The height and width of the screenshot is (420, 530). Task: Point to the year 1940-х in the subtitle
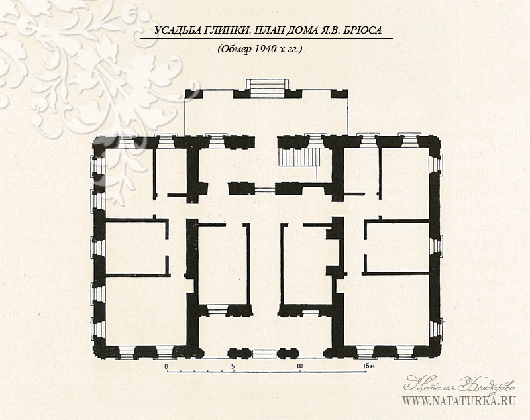click(268, 49)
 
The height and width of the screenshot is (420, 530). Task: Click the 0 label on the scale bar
click(166, 366)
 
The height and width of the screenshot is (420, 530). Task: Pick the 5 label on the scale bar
click(233, 366)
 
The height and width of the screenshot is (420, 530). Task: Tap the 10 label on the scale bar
click(299, 366)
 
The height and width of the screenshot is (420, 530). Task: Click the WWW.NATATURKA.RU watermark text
click(458, 401)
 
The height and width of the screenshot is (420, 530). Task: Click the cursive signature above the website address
click(459, 384)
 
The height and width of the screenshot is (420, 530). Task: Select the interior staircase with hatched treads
click(299, 156)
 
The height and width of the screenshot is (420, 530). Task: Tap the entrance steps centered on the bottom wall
click(264, 354)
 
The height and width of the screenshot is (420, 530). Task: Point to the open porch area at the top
click(266, 117)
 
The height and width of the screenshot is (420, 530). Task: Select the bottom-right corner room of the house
click(386, 310)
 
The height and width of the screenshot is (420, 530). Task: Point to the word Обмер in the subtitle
click(235, 49)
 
